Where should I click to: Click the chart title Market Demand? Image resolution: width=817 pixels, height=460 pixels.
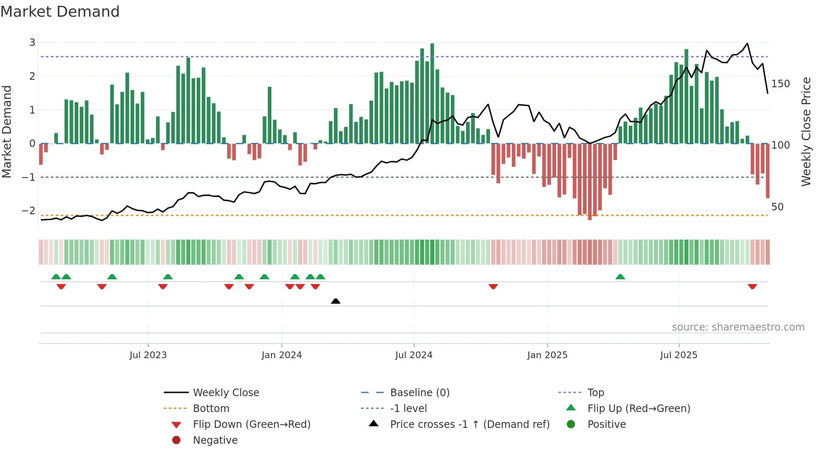click(60, 12)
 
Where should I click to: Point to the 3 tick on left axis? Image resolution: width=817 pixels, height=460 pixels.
click(32, 42)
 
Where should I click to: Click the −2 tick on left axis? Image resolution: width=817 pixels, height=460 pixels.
click(29, 211)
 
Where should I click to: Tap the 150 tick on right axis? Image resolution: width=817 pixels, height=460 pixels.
click(780, 84)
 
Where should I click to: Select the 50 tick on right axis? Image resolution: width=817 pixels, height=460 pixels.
click(777, 207)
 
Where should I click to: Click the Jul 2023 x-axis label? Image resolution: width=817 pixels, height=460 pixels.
click(148, 355)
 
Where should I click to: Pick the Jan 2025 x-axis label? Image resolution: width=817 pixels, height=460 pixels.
click(547, 355)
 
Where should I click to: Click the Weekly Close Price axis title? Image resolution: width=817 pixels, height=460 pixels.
click(806, 131)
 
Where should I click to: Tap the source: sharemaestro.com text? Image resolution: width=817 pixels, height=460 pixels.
click(738, 327)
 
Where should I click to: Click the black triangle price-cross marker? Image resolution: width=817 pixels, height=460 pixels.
click(336, 301)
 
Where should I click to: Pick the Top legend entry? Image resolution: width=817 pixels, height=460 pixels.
click(595, 393)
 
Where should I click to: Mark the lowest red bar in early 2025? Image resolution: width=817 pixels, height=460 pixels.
click(590, 182)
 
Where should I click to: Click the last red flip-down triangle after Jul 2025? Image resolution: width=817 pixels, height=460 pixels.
click(752, 286)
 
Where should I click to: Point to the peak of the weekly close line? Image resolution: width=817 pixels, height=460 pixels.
click(747, 43)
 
